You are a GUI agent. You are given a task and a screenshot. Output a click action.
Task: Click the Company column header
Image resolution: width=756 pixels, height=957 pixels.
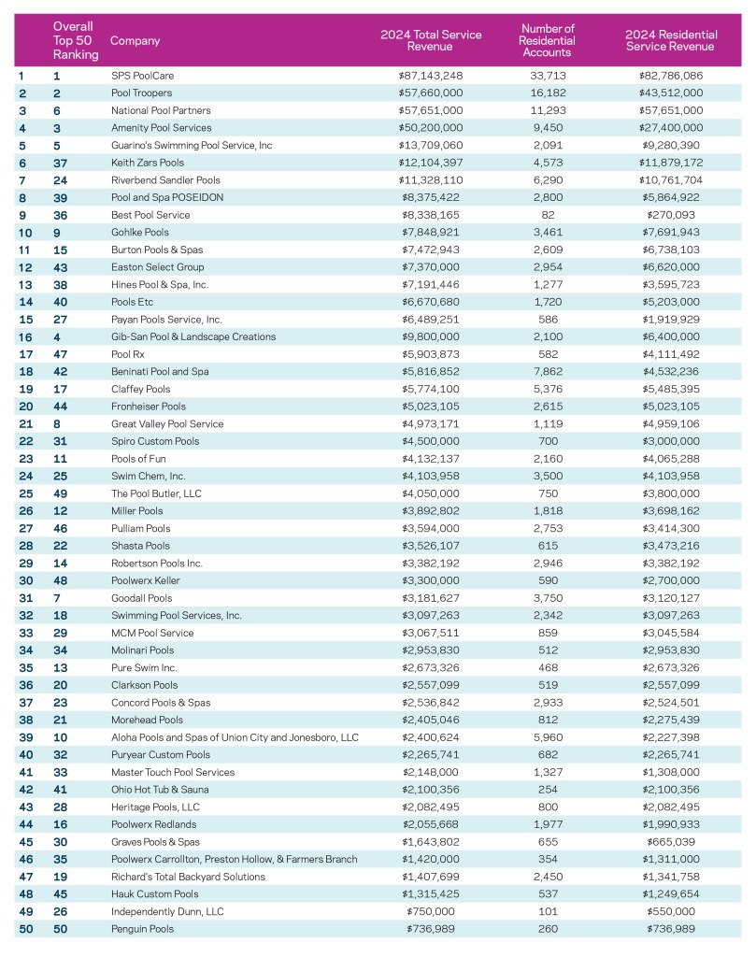136,41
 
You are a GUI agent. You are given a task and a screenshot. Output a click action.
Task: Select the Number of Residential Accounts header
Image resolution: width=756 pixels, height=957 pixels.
547,40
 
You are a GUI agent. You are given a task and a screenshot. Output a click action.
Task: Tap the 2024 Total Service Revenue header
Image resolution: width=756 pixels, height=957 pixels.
431,41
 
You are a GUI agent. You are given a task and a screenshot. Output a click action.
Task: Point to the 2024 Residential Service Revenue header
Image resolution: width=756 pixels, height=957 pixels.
669,41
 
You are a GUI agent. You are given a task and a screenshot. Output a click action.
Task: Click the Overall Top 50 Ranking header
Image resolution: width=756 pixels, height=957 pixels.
76,41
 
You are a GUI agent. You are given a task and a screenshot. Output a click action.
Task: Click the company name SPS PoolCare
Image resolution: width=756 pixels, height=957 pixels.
143,75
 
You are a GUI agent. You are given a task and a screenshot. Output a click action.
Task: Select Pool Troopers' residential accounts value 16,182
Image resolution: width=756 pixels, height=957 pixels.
547,93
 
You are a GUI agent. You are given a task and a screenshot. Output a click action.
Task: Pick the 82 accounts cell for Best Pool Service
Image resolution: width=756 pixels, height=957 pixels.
547,215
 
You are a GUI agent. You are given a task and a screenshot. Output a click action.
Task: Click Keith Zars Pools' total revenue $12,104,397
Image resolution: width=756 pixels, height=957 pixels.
431,163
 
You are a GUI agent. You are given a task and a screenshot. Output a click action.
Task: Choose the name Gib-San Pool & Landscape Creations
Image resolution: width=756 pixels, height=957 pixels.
193,336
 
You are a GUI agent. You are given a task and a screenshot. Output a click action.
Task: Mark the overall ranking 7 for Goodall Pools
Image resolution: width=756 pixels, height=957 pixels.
57,598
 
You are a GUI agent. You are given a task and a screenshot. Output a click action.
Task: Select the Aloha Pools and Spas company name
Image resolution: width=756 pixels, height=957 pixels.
234,737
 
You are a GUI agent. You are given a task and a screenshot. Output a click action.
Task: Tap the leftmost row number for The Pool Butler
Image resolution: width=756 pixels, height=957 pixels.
22,493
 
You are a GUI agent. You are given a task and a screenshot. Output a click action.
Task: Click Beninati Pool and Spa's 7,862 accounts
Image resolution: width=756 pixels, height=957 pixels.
547,371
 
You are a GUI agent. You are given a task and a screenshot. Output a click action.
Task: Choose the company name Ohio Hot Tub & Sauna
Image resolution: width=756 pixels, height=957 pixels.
160,790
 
